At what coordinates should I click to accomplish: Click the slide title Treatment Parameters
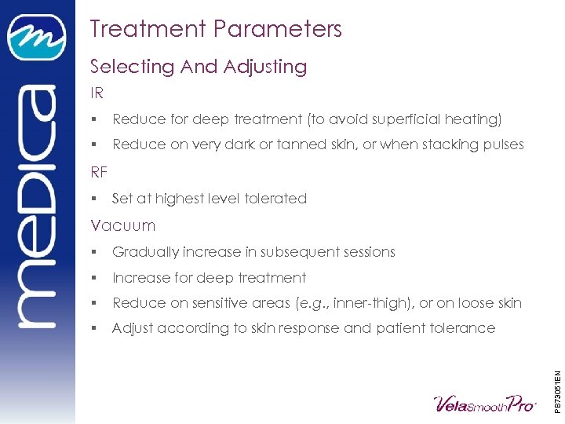216,29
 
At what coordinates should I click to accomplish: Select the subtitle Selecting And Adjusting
199,67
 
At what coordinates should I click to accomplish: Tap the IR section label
97,93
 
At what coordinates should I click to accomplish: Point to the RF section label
98,172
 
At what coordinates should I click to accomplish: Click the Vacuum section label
123,225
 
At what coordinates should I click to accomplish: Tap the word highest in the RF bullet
180,199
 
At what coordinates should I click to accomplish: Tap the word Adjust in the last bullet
133,328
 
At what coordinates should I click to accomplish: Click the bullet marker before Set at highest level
93,199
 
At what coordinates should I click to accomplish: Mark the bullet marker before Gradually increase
93,252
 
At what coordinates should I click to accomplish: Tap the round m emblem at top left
37,37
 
